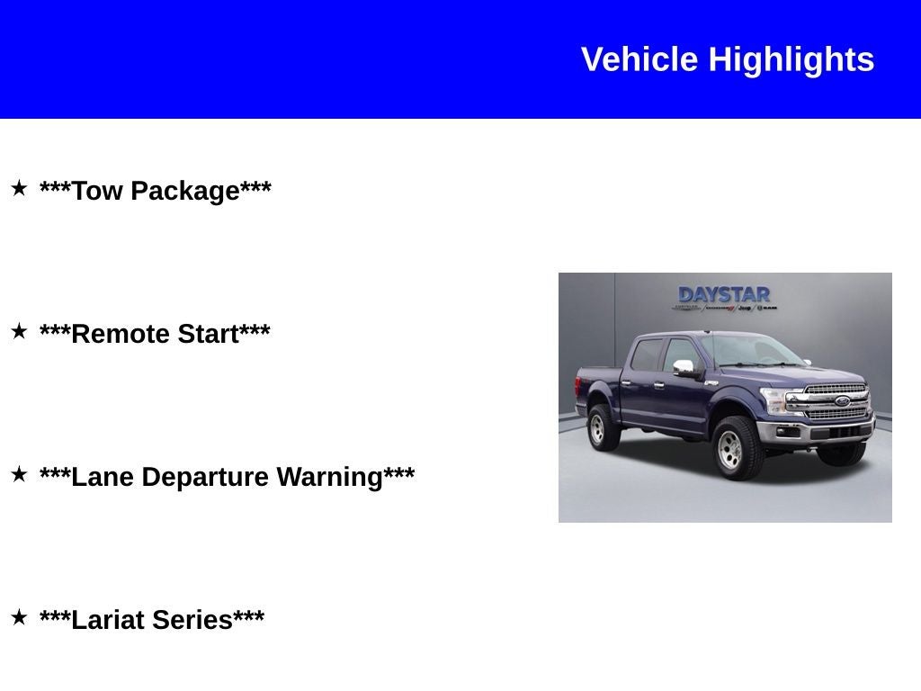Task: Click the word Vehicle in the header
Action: pyautogui.click(x=639, y=59)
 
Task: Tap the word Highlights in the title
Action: pyautogui.click(x=791, y=59)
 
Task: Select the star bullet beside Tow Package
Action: pyautogui.click(x=19, y=188)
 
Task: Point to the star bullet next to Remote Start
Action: pyautogui.click(x=19, y=331)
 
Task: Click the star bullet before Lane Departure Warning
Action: pyautogui.click(x=19, y=474)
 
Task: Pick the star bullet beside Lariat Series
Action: pyautogui.click(x=19, y=617)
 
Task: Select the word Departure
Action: pyautogui.click(x=205, y=477)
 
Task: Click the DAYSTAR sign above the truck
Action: pyautogui.click(x=724, y=295)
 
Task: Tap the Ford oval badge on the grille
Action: pyautogui.click(x=842, y=401)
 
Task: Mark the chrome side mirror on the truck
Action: pyautogui.click(x=684, y=367)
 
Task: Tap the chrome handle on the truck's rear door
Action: pyautogui.click(x=626, y=382)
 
